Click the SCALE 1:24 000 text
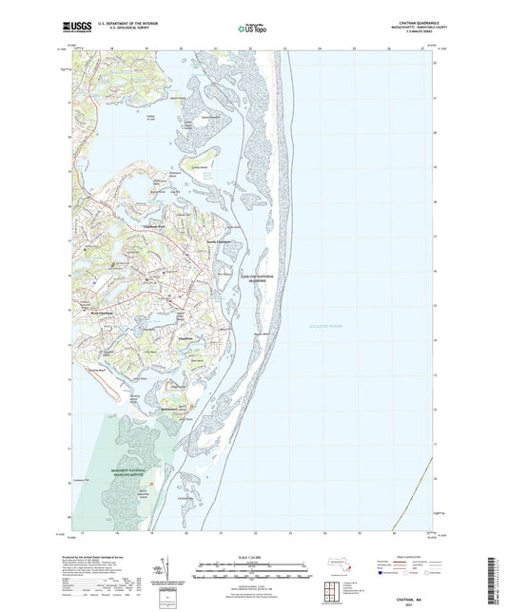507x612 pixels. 253,556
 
